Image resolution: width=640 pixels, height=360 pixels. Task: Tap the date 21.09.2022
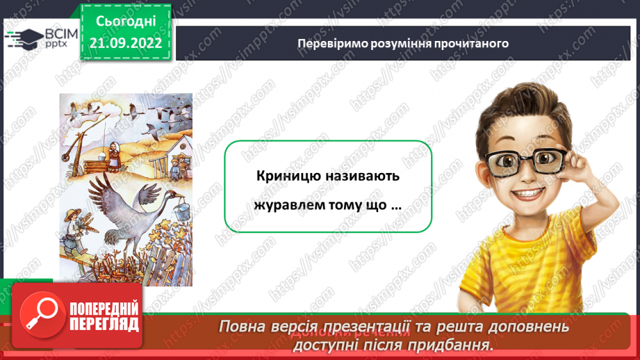[x=126, y=42]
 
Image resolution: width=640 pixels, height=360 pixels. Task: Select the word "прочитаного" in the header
[x=475, y=43]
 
